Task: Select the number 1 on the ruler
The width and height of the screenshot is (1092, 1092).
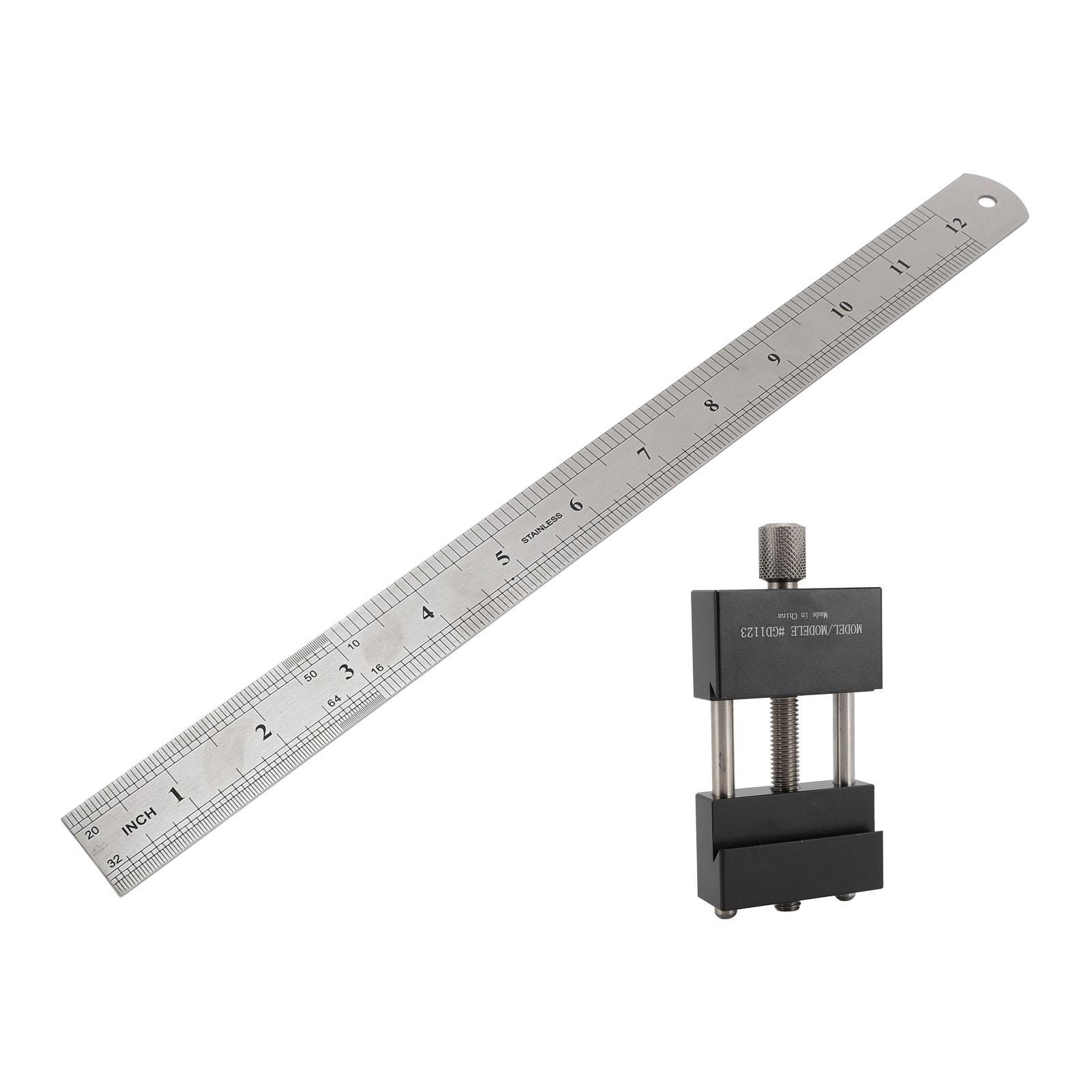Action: [x=177, y=795]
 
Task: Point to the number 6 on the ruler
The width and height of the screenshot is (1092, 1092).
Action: [x=576, y=504]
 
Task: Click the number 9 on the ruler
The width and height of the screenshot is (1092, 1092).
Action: [x=774, y=360]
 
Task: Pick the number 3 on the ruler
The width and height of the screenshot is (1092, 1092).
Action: [x=348, y=671]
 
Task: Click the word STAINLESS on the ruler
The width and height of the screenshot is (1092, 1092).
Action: [x=542, y=527]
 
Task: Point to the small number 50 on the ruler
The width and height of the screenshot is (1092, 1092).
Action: [x=311, y=676]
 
